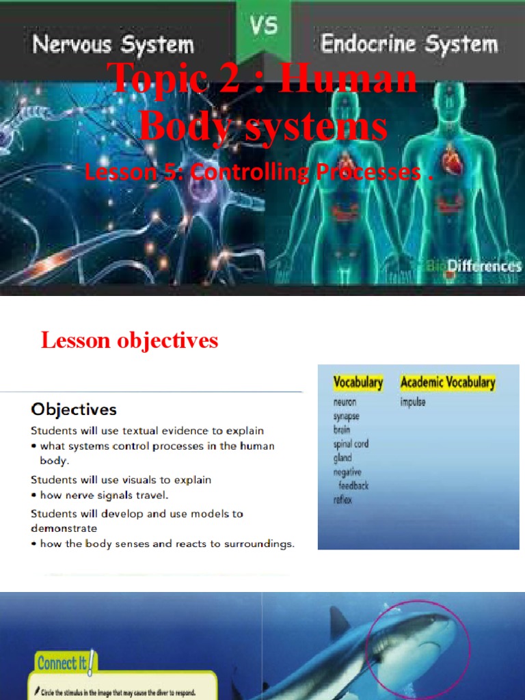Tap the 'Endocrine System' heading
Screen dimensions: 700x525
pos(409,44)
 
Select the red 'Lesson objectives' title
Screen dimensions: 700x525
pos(130,340)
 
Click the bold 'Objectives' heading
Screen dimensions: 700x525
pos(73,409)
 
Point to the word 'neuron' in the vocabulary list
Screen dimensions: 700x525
pos(345,402)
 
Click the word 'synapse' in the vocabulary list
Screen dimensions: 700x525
pos(346,416)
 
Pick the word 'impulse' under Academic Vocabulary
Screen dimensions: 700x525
pos(413,402)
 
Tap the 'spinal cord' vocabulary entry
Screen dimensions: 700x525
pos(351,444)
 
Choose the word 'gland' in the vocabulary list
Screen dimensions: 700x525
pos(342,457)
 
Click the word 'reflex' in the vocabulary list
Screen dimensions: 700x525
pos(343,500)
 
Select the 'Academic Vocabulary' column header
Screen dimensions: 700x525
pos(448,382)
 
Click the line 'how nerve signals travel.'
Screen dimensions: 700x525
pos(104,495)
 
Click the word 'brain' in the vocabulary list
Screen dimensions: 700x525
pos(342,430)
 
